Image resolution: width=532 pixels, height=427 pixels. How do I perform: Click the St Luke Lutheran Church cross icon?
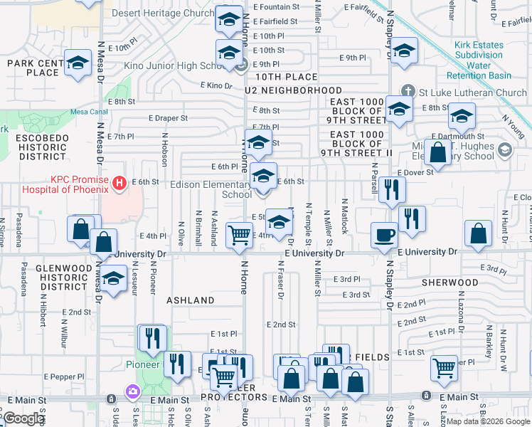coord(408,93)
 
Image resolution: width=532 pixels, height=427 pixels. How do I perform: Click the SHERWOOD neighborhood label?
coord(450,283)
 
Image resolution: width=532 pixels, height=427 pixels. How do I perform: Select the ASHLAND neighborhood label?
coord(191,300)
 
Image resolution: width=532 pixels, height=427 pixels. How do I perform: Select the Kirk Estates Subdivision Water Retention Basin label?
coord(484,60)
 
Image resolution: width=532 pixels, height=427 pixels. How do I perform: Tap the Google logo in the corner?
coord(23,418)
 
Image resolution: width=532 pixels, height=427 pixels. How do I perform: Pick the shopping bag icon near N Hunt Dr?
coord(479,232)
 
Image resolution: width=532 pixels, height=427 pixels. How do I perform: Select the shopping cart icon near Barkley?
coord(445,367)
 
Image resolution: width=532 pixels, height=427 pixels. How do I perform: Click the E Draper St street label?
coord(168,118)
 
